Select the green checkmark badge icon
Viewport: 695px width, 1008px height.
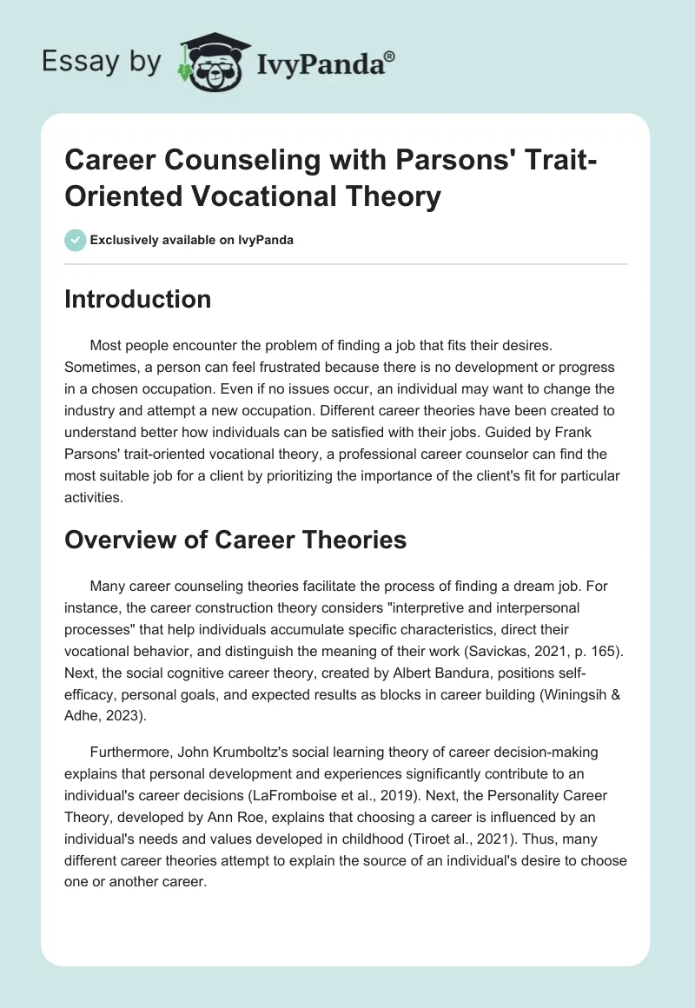coord(76,240)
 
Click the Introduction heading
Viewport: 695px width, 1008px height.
coord(138,299)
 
